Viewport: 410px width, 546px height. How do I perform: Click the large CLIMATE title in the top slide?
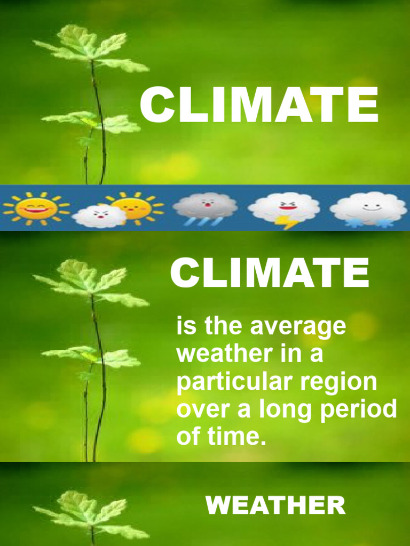[259, 105]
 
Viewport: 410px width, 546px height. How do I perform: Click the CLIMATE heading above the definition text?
[270, 272]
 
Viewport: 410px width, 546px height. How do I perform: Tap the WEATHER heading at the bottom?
[275, 505]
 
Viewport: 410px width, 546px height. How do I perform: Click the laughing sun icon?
[36, 208]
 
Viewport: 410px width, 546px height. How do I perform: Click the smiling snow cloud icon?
[368, 208]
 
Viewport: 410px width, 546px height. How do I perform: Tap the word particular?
[242, 382]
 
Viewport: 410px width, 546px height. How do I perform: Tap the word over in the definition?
[198, 409]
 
